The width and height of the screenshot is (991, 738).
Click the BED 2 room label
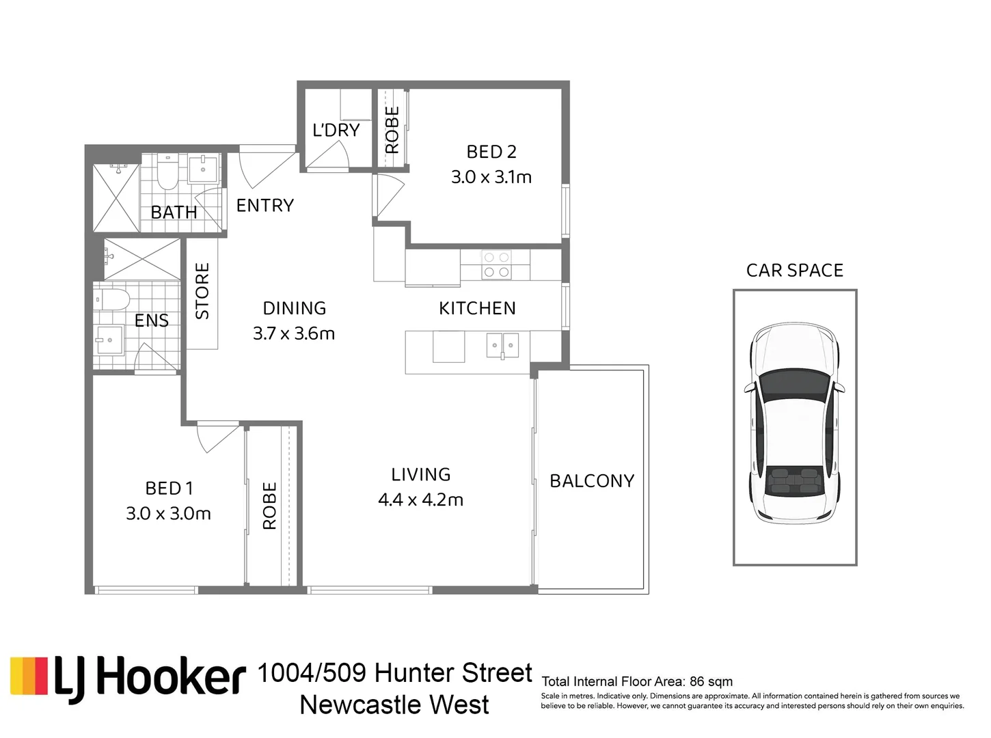[491, 152]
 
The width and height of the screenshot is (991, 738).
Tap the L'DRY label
[336, 130]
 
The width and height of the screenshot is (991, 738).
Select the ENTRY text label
[265, 206]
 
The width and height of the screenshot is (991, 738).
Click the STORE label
[202, 291]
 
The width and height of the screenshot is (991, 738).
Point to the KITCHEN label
[477, 308]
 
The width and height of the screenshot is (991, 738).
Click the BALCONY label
[592, 481]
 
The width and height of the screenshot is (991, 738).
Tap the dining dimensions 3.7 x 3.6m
[294, 333]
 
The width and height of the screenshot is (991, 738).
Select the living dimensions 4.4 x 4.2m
[420, 500]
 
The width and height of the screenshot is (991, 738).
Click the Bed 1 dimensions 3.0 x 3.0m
[168, 513]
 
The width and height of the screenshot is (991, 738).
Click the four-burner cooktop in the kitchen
[496, 264]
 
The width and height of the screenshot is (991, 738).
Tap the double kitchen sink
[502, 345]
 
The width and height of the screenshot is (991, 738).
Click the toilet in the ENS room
[111, 299]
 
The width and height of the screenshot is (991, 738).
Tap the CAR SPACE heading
[795, 271]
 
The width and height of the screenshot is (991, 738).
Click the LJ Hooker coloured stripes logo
[29, 676]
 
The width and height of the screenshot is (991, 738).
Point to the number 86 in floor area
[697, 682]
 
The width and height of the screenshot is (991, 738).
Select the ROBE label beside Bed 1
[269, 506]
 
